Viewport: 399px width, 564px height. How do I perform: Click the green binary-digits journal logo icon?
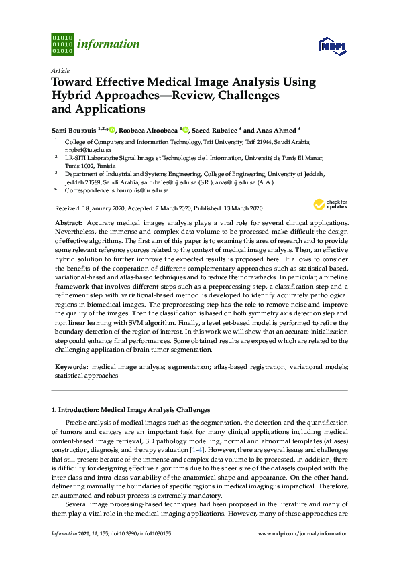tap(62, 44)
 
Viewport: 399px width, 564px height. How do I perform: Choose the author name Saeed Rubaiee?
tap(214, 130)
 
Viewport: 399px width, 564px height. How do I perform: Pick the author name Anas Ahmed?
tap(275, 130)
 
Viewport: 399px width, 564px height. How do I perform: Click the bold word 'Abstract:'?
tap(68, 222)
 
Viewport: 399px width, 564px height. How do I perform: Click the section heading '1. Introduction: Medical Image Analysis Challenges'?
tap(131, 409)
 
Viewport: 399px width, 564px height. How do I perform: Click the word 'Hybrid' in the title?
tap(72, 96)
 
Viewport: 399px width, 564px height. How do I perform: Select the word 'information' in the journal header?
tap(109, 44)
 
